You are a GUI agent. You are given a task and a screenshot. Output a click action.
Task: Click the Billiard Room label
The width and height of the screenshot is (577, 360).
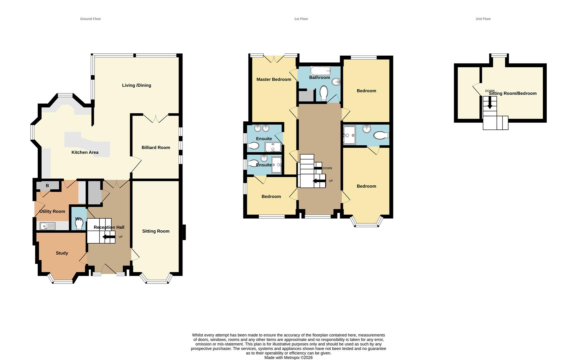coord(156,148)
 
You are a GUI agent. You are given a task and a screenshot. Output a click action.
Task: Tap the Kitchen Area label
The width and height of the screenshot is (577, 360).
coord(85,152)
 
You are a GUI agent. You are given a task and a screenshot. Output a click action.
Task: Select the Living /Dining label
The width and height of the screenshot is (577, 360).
coord(136,85)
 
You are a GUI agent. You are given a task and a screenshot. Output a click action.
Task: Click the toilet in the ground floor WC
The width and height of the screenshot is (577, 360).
coord(79,225)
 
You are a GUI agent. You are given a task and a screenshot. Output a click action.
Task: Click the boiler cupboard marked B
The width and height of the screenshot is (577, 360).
coord(47,186)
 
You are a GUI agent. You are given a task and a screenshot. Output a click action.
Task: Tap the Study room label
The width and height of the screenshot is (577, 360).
coord(62,253)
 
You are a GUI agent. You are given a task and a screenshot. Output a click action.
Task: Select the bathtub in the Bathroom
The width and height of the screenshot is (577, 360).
coord(320,71)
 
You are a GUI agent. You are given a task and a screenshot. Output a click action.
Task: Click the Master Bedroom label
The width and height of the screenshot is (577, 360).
coord(273,79)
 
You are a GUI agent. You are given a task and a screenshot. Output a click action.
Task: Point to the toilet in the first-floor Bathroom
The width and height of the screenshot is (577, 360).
coord(324,93)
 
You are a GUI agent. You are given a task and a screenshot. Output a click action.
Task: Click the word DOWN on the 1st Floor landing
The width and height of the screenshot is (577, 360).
coord(327,168)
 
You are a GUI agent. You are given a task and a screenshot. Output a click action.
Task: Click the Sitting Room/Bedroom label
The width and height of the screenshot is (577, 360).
coord(513,93)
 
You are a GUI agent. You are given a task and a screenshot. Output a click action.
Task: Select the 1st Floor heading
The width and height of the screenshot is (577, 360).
coord(301,19)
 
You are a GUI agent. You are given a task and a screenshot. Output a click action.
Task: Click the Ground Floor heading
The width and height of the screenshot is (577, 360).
coord(90,19)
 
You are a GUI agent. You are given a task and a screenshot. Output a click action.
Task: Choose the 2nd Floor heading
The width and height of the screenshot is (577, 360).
coord(483,19)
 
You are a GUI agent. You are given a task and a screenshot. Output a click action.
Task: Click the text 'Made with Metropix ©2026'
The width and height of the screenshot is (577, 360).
coord(288,358)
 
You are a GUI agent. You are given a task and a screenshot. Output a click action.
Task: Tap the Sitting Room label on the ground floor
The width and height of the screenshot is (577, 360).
coord(156,231)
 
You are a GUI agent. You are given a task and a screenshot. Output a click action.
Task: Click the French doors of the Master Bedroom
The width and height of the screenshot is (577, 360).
coord(274,58)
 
